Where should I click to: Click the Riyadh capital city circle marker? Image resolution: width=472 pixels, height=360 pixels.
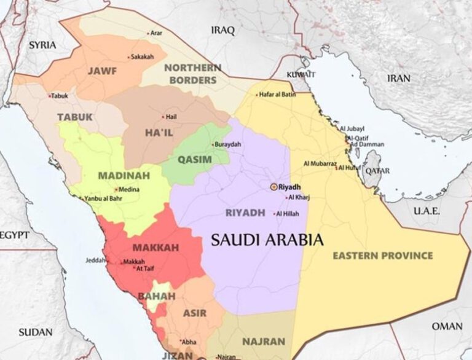(273, 186)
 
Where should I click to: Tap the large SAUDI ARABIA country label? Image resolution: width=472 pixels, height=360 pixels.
(267, 240)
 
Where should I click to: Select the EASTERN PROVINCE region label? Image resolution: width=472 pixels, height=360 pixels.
(382, 256)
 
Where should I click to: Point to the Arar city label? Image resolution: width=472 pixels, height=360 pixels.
(156, 33)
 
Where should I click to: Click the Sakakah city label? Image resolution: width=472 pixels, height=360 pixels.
(142, 57)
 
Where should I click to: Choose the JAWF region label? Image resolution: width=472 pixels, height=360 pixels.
(102, 71)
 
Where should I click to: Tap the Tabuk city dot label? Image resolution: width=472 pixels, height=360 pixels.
(60, 96)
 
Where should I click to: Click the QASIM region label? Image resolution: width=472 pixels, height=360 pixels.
(194, 160)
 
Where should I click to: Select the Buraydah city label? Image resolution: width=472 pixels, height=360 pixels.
(227, 144)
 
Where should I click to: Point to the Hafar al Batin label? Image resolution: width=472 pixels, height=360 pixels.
(277, 94)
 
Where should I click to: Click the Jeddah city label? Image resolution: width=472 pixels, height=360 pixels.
(96, 260)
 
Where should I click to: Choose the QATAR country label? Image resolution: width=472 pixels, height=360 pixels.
(377, 171)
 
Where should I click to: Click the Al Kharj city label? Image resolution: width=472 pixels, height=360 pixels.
(300, 197)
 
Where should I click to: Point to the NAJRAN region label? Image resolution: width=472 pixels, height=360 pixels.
(264, 341)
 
